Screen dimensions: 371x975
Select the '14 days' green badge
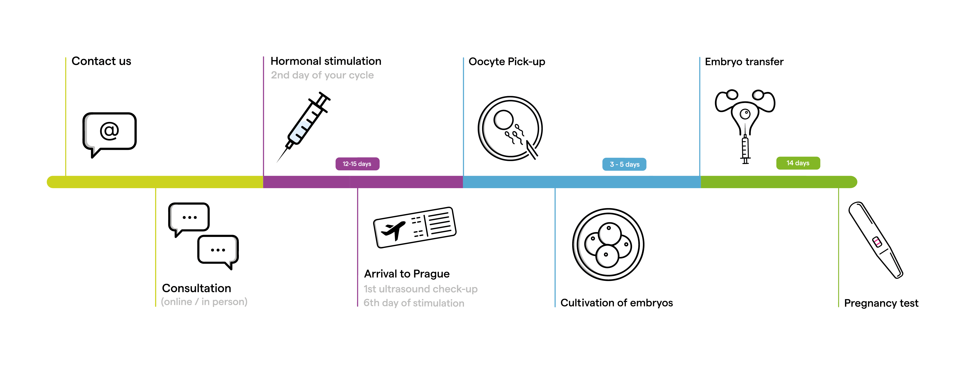click(798, 163)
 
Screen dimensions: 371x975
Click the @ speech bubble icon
click(109, 132)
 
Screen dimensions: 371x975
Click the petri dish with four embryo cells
click(608, 244)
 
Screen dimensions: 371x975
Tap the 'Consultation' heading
click(196, 288)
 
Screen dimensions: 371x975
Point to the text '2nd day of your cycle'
click(322, 75)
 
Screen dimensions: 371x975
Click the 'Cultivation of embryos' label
click(617, 303)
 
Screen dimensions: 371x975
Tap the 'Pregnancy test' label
click(881, 303)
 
